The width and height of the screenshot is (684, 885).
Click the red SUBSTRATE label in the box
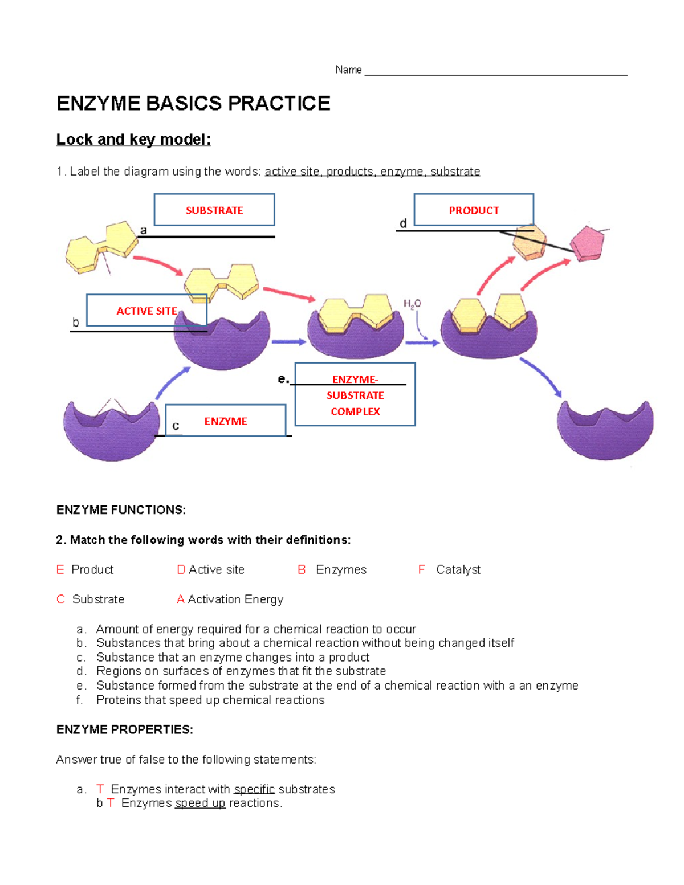pos(214,210)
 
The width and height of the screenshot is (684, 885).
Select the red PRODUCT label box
pos(474,210)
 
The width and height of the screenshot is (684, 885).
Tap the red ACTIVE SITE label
pos(146,311)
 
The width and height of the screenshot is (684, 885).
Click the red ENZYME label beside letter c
pos(226,421)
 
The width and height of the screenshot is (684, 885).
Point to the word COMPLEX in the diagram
pos(355,411)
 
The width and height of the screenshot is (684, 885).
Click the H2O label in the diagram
pos(412,304)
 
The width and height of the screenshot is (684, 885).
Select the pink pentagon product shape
pos(588,243)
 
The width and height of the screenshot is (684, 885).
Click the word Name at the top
pos(348,70)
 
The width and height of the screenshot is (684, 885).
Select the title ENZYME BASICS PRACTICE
pos(193,103)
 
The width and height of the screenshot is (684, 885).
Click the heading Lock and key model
pos(133,140)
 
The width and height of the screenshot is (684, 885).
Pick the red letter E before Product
pos(60,569)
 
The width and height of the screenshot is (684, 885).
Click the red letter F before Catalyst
pos(421,569)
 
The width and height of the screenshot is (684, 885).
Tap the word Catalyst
pos(458,569)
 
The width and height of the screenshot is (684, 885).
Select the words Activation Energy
pos(235,599)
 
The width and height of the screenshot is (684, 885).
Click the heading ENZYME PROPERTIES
pos(124,729)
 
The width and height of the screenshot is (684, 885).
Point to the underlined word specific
pos(254,789)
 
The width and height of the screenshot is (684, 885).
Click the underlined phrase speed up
pos(200,803)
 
